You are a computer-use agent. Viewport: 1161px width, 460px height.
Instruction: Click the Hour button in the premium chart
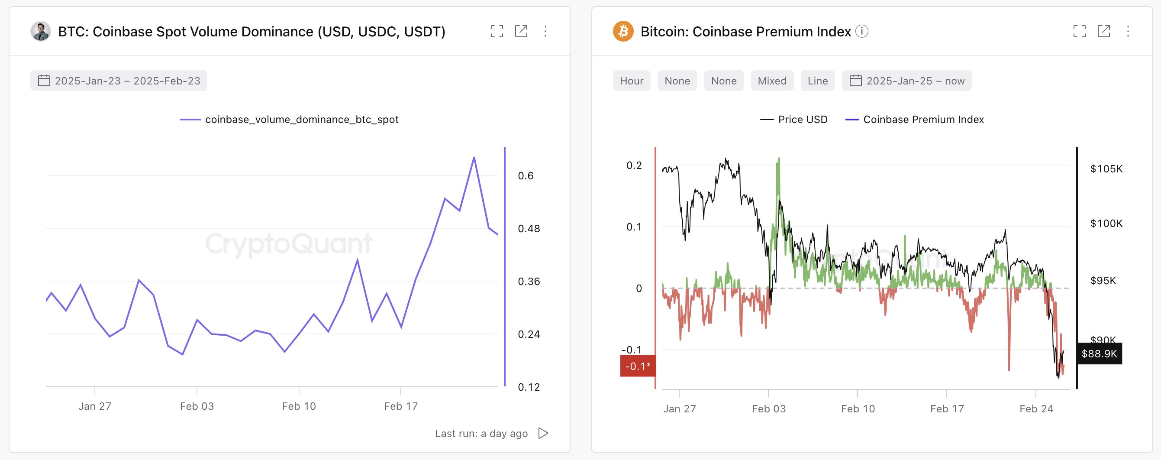point(631,81)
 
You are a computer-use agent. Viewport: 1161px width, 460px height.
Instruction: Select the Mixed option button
point(771,81)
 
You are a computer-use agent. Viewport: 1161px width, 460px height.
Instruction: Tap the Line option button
point(817,81)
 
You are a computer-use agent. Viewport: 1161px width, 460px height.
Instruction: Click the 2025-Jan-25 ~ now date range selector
point(906,81)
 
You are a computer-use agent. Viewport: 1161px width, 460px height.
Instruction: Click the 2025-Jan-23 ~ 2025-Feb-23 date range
point(119,81)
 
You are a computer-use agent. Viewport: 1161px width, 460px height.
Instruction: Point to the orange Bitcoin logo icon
point(623,32)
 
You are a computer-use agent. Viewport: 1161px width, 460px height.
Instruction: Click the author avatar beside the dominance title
point(41,32)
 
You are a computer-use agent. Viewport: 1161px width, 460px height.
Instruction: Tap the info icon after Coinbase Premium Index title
point(861,31)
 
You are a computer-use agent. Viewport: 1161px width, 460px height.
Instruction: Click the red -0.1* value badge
point(637,366)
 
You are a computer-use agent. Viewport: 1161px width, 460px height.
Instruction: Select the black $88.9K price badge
point(1099,353)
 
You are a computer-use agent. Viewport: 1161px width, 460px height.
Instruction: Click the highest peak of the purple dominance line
point(474,158)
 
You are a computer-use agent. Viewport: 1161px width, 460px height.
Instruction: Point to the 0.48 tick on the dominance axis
point(528,229)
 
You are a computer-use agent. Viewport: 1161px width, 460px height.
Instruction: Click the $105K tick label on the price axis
point(1106,168)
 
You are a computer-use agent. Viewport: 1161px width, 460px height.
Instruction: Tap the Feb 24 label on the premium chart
point(1036,408)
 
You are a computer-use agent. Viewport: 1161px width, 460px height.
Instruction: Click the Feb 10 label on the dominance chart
point(299,406)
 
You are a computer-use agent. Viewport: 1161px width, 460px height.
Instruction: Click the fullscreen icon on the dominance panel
point(497,31)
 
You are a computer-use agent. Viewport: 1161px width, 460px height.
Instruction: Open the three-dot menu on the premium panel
point(1128,31)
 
